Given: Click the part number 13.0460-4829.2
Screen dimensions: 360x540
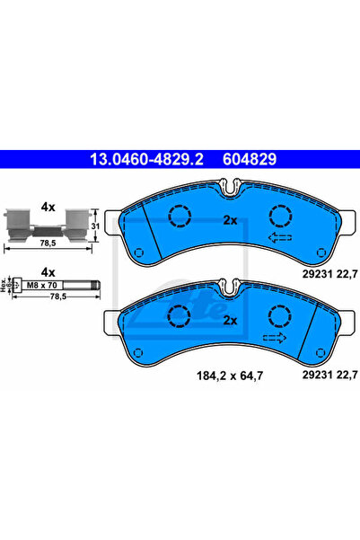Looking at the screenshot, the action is [146, 159].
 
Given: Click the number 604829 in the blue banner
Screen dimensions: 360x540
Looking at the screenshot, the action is [250, 159].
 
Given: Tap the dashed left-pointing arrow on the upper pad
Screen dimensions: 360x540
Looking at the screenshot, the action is [280, 237].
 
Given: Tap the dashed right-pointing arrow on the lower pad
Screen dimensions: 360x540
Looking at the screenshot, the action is [275, 338].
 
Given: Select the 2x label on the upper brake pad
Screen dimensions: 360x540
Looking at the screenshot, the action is [230, 220].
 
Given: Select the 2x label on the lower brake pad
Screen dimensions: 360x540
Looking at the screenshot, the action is [230, 321].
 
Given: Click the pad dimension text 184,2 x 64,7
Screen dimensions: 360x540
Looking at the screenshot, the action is [230, 376].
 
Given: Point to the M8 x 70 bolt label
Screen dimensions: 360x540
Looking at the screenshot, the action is [41, 285].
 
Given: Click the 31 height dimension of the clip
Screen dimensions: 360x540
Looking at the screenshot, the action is [95, 226].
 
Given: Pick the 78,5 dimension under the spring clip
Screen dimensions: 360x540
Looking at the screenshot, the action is [48, 243].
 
